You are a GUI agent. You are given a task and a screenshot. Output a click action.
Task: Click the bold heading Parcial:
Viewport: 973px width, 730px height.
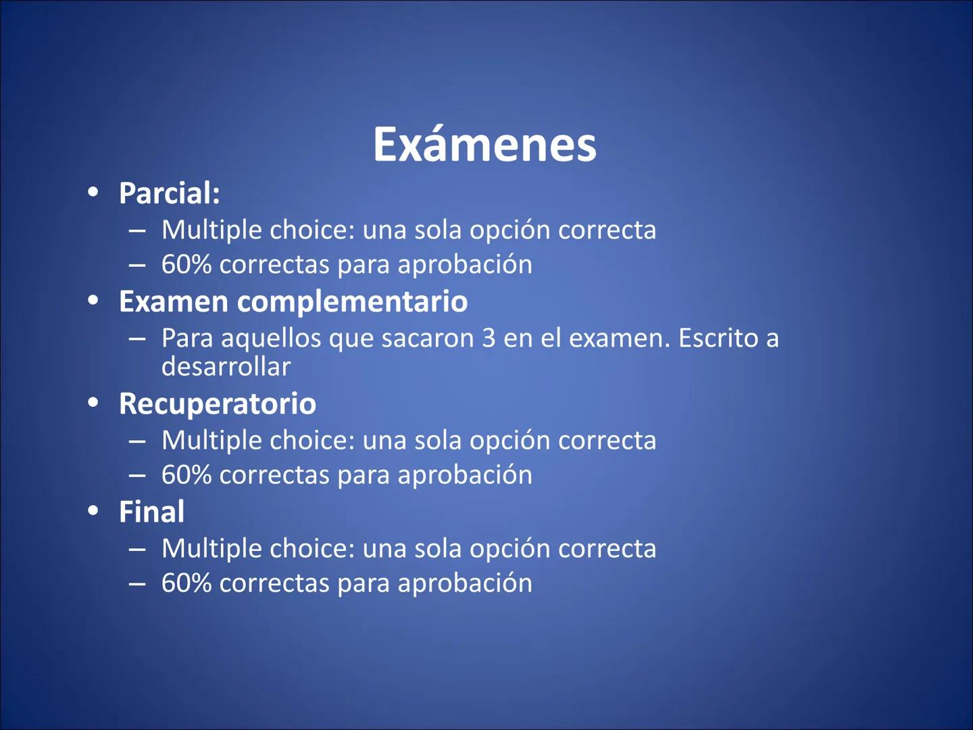point(170,193)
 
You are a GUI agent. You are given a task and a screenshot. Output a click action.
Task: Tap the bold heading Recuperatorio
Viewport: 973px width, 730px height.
point(218,404)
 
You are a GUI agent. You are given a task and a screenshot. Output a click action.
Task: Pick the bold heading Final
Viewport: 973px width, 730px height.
point(151,512)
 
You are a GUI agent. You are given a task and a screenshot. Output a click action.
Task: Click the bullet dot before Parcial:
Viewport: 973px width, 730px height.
point(93,192)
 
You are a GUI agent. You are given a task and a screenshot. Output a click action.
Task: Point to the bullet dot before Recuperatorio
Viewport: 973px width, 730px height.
point(93,402)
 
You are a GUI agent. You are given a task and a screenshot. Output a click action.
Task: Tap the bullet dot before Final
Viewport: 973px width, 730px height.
point(93,510)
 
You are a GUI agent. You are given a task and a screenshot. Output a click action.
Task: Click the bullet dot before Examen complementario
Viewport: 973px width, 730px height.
point(93,300)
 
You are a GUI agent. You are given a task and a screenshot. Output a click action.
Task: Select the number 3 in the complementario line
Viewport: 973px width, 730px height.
point(489,338)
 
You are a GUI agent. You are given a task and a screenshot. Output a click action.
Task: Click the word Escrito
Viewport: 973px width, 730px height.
point(718,338)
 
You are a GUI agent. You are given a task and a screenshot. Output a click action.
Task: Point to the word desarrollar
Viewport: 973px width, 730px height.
point(226,366)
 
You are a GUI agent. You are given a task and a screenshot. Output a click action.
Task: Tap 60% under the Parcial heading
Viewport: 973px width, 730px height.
point(186,264)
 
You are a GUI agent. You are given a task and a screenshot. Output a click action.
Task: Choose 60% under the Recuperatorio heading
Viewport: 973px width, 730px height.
point(186,474)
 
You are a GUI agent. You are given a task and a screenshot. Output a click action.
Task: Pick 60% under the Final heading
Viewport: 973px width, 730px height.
point(186,583)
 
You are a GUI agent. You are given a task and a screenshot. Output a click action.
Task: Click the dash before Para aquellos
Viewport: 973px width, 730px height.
point(137,337)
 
